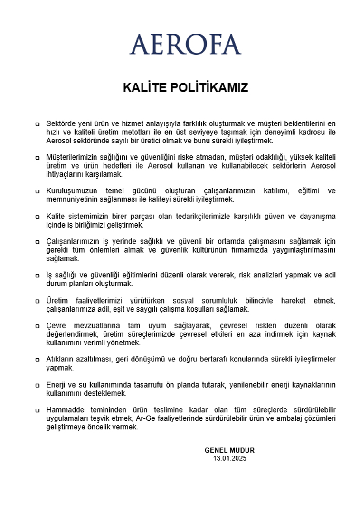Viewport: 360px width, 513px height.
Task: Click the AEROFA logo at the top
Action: [x=185, y=44]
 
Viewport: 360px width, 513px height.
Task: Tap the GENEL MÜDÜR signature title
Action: [x=230, y=450]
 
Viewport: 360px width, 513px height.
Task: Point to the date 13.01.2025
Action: [x=230, y=458]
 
